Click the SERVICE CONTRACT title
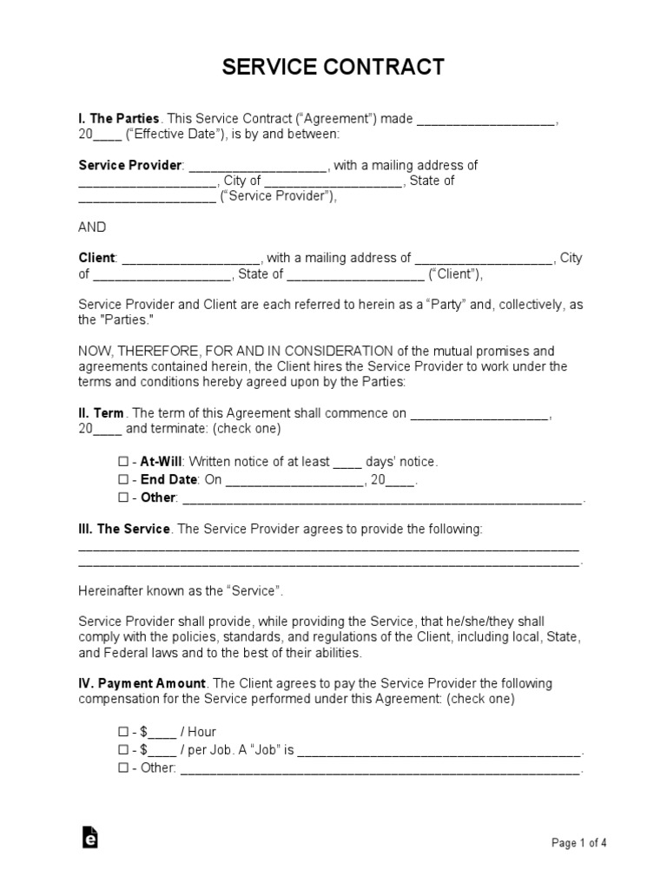click(333, 67)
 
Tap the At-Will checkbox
click(122, 462)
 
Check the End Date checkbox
click(122, 480)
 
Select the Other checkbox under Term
click(122, 498)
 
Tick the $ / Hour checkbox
click(122, 732)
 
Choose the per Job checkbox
click(122, 750)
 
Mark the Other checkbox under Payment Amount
click(122, 768)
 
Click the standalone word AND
click(92, 227)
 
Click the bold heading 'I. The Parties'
click(119, 118)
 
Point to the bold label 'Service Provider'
click(129, 165)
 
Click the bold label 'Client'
click(96, 258)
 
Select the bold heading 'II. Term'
click(101, 413)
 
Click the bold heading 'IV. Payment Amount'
click(142, 683)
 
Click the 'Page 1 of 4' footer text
click(579, 842)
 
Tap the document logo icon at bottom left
click(89, 837)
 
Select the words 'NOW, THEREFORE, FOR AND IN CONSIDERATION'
click(236, 351)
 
